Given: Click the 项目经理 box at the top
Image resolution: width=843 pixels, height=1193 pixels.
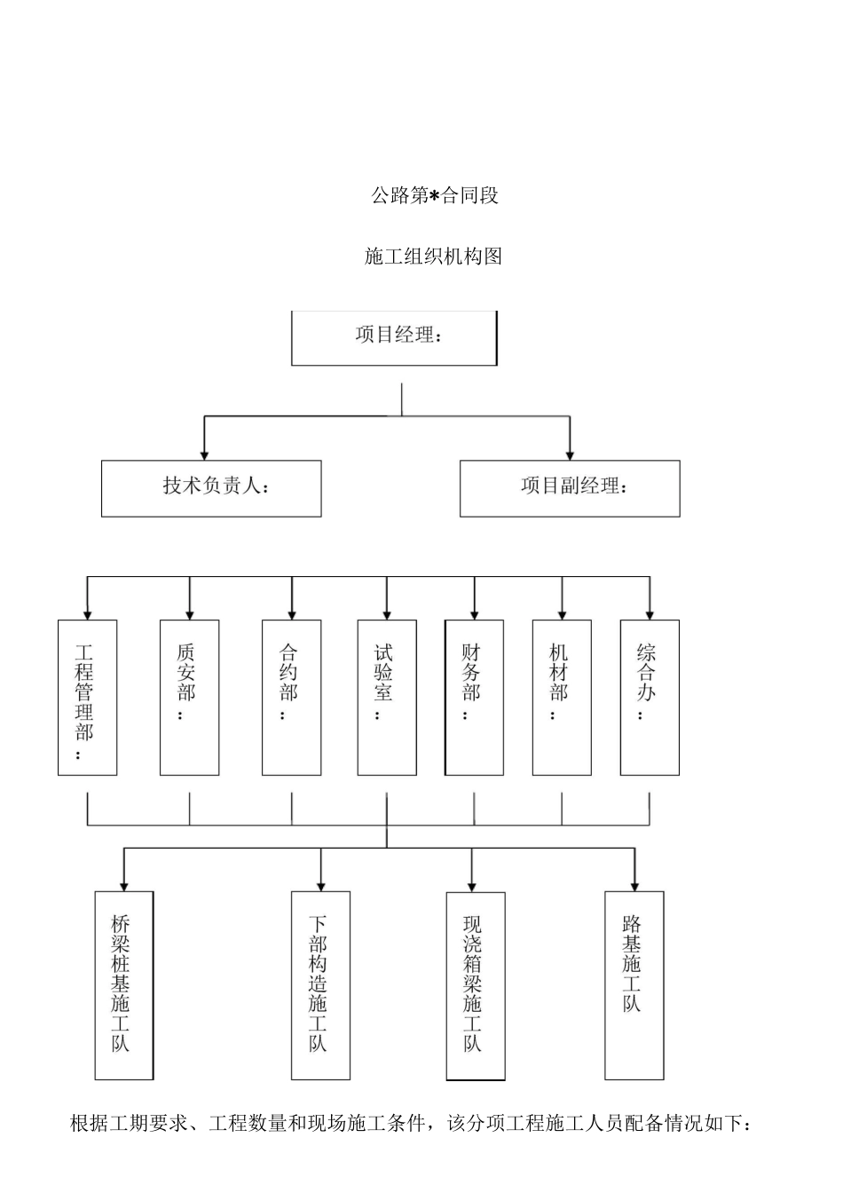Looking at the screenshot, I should pyautogui.click(x=394, y=337).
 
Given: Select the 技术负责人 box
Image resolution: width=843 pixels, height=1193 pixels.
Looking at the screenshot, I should pyautogui.click(x=211, y=488).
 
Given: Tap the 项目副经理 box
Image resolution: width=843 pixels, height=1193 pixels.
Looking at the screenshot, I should pyautogui.click(x=570, y=488).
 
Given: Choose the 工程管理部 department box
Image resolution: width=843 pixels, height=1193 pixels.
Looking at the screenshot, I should pyautogui.click(x=87, y=698).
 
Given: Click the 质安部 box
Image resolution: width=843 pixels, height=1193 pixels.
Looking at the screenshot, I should pyautogui.click(x=189, y=698).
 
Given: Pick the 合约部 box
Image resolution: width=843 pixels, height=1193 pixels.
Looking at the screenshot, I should pyautogui.click(x=291, y=698).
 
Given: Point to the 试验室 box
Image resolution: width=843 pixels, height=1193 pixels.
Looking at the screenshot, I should pyautogui.click(x=386, y=698).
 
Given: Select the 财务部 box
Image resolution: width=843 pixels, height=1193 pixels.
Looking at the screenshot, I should pyautogui.click(x=474, y=698).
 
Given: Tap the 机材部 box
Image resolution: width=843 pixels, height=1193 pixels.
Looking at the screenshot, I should pyautogui.click(x=561, y=698).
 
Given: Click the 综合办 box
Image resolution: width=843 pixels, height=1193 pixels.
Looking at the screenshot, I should pyautogui.click(x=650, y=698).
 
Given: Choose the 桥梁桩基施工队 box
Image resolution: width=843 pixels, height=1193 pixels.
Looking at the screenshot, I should pyautogui.click(x=124, y=985).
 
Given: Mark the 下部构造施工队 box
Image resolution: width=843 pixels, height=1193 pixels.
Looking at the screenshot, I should pyautogui.click(x=320, y=985).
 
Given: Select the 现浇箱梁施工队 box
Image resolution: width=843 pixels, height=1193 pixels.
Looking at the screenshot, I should pyautogui.click(x=475, y=985).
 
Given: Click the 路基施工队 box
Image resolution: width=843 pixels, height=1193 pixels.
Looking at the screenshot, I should pyautogui.click(x=634, y=985).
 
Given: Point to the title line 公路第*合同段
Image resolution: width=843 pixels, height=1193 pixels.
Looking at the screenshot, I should pyautogui.click(x=435, y=195).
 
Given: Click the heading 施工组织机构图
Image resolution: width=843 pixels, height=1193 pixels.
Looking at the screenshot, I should pyautogui.click(x=434, y=257).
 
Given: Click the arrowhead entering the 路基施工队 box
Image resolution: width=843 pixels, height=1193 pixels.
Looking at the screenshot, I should pyautogui.click(x=634, y=885).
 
